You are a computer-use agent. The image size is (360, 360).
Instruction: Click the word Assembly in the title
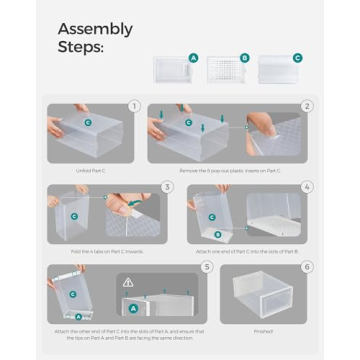(95, 29)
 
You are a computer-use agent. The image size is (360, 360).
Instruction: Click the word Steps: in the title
(81, 47)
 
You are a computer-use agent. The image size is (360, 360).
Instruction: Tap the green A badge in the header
(193, 58)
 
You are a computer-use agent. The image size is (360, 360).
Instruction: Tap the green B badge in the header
(245, 58)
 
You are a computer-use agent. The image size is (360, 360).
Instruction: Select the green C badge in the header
(296, 58)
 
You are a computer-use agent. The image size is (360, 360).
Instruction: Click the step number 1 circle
(134, 105)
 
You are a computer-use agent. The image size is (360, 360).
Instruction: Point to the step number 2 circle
(306, 105)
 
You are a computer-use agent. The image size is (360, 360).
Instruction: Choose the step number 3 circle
(167, 186)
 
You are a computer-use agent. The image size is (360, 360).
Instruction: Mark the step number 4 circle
(306, 186)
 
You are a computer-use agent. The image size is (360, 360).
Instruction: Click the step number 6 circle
(306, 267)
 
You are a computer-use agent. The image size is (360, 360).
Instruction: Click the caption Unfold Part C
(91, 170)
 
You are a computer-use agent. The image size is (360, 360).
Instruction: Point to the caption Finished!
(262, 330)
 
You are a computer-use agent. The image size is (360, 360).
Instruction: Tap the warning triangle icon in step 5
(128, 282)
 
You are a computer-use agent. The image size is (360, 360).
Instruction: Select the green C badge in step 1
(88, 123)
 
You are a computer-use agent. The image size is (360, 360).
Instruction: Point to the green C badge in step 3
(73, 216)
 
